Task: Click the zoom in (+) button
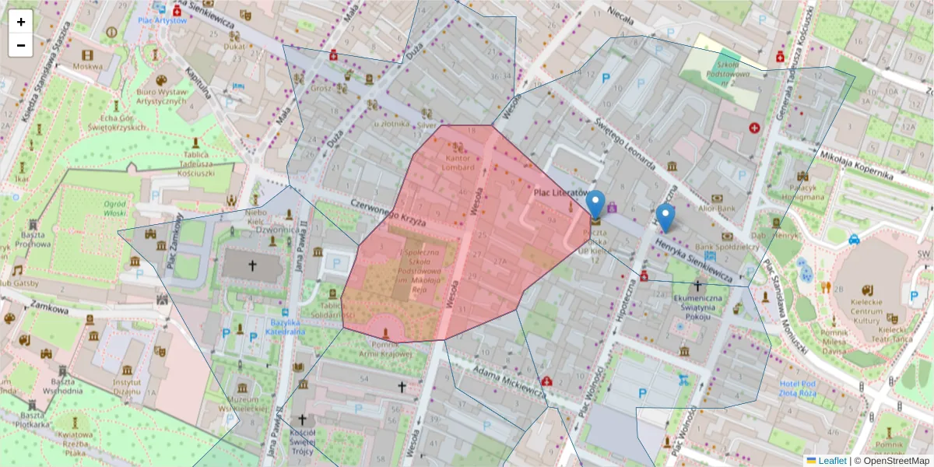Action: tap(21, 22)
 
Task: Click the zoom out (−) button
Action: tap(21, 45)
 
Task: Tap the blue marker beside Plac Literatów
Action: tap(595, 205)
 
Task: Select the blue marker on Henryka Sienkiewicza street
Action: tap(665, 218)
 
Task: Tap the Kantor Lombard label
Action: tap(458, 162)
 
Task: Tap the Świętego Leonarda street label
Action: tap(624, 142)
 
